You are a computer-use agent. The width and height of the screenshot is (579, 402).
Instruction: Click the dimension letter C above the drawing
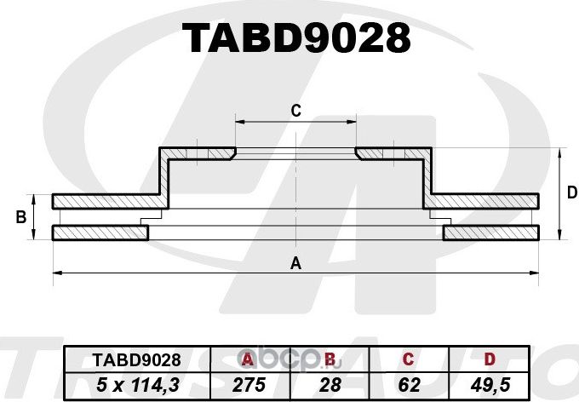[295, 110]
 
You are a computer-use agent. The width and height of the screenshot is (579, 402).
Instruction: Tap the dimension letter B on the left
[20, 218]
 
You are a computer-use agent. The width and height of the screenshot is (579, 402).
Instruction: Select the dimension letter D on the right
[572, 193]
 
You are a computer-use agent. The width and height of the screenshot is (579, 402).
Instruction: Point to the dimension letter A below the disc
[295, 263]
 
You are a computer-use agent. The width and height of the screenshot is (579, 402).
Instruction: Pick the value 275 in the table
[248, 383]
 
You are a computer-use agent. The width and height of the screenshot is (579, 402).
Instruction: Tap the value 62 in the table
[409, 383]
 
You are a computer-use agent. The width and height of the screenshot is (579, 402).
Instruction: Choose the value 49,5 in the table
[489, 383]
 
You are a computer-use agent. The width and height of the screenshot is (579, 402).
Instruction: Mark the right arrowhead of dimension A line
[536, 273]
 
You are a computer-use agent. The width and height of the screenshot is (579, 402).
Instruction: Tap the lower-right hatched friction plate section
[492, 233]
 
